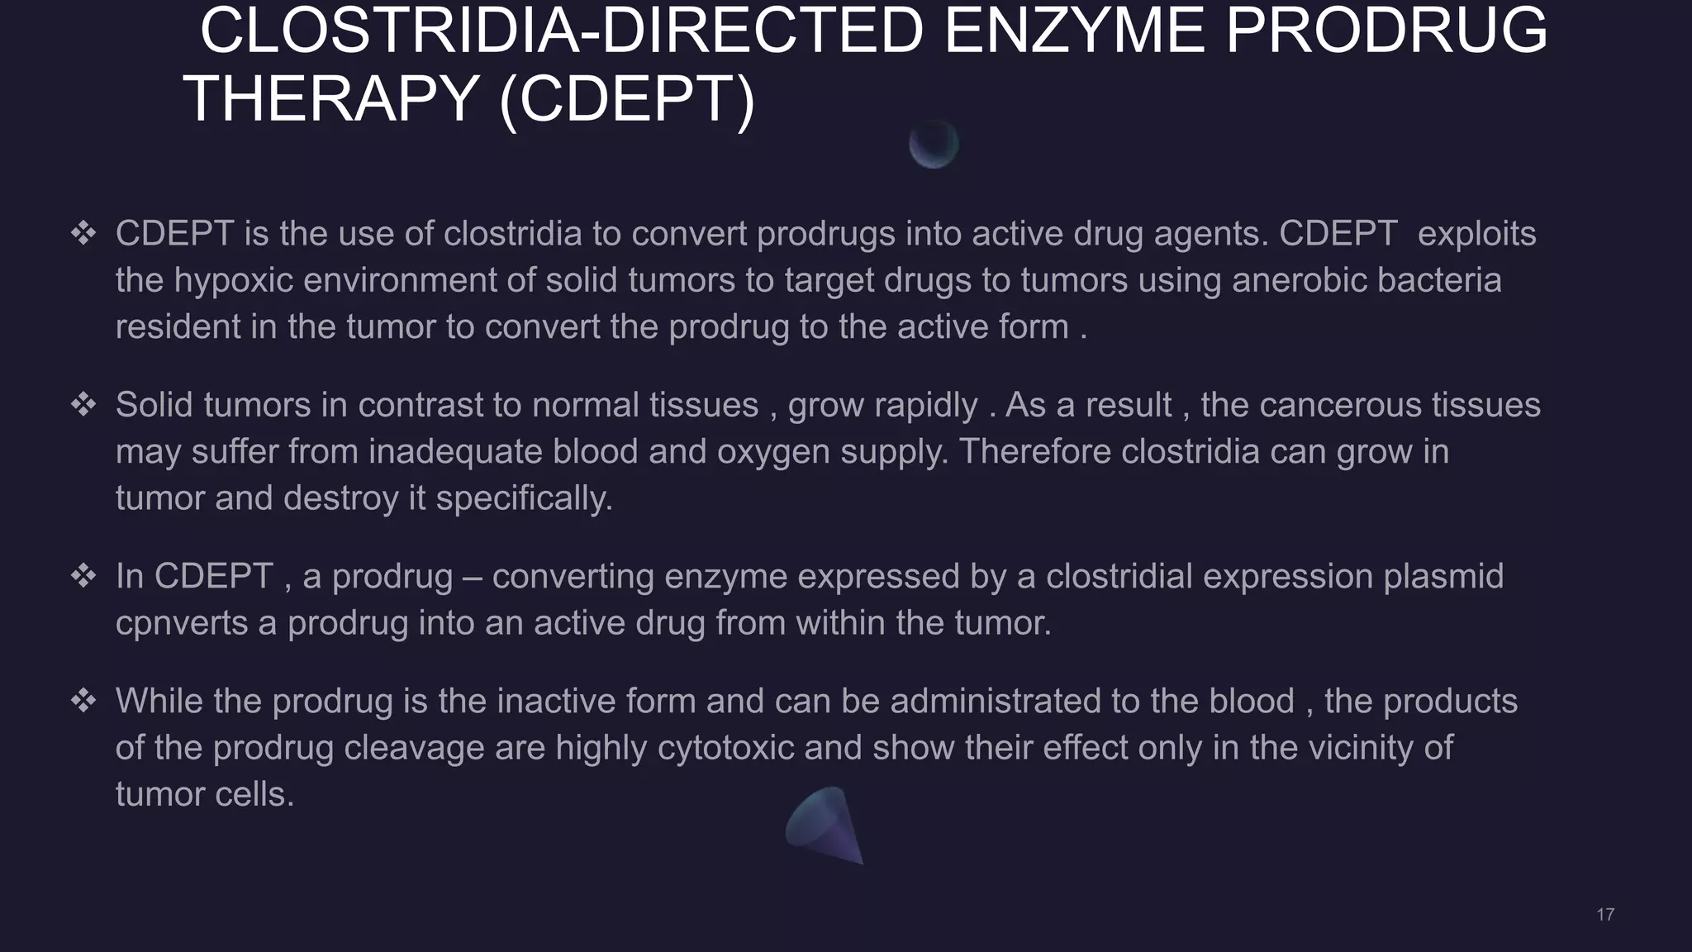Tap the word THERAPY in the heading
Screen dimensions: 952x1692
coord(330,99)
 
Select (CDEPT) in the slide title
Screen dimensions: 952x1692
coord(627,99)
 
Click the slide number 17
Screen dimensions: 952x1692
coord(1605,914)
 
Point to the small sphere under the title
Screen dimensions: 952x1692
coord(934,145)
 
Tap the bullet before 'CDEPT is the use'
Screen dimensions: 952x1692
coord(83,234)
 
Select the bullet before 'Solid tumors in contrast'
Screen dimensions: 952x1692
coord(83,405)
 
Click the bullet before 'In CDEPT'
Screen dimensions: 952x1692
coord(83,576)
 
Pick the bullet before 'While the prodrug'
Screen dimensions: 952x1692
coord(83,701)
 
